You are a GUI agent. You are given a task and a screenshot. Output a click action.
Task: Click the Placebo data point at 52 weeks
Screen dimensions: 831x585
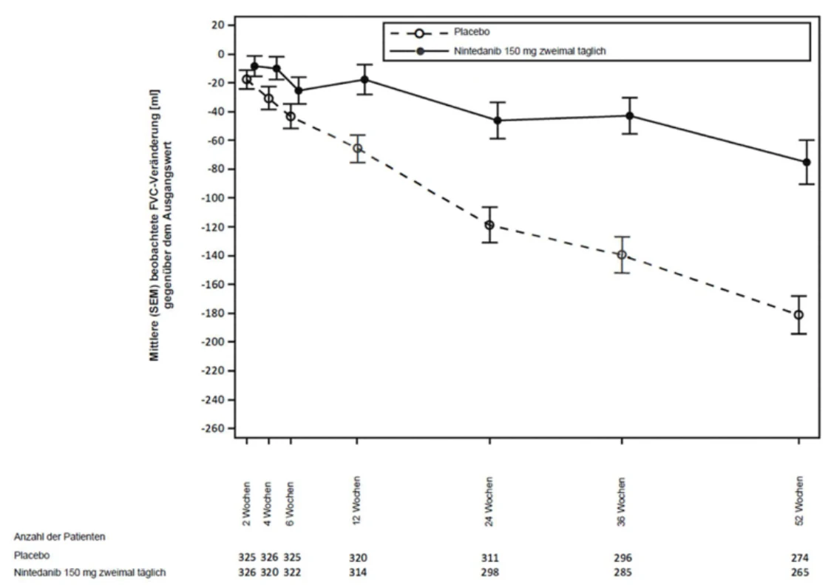[x=798, y=315]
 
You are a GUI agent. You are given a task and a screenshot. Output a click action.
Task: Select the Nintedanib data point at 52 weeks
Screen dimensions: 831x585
[x=807, y=162]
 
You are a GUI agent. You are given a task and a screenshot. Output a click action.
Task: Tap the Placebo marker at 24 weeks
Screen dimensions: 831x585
[x=489, y=225]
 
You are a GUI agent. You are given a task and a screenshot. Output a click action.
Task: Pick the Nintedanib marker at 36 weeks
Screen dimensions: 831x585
[x=630, y=115]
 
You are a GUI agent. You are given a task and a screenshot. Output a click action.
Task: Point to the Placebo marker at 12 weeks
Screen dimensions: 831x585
[x=358, y=149]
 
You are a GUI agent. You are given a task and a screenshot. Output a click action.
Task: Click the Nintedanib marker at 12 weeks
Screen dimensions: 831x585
[x=364, y=80]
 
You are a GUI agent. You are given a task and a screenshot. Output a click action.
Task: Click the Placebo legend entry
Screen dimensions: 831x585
[x=472, y=33]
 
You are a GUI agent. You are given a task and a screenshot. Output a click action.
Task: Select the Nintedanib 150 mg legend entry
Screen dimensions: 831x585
[x=529, y=51]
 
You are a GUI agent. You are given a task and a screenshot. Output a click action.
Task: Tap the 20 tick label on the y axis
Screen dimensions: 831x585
[x=219, y=25]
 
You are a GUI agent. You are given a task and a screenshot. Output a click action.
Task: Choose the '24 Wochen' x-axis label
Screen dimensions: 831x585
[x=489, y=501]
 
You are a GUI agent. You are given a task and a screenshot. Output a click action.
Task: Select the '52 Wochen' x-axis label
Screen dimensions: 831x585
[x=799, y=501]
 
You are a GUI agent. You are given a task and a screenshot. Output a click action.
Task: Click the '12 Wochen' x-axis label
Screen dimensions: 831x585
[x=356, y=501]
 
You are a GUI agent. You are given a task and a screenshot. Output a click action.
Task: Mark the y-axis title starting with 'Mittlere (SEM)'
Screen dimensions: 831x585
[x=161, y=225]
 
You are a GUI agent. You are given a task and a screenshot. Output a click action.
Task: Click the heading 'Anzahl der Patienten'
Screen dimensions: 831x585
[x=59, y=537]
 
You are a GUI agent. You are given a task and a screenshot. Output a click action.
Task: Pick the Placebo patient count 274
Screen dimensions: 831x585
[x=800, y=558]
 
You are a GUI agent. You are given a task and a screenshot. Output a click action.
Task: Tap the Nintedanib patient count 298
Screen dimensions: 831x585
[x=490, y=572]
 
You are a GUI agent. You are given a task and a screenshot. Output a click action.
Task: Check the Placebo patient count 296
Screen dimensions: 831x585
[x=623, y=558]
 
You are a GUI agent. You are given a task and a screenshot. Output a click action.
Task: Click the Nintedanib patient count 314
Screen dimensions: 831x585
[x=358, y=572]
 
